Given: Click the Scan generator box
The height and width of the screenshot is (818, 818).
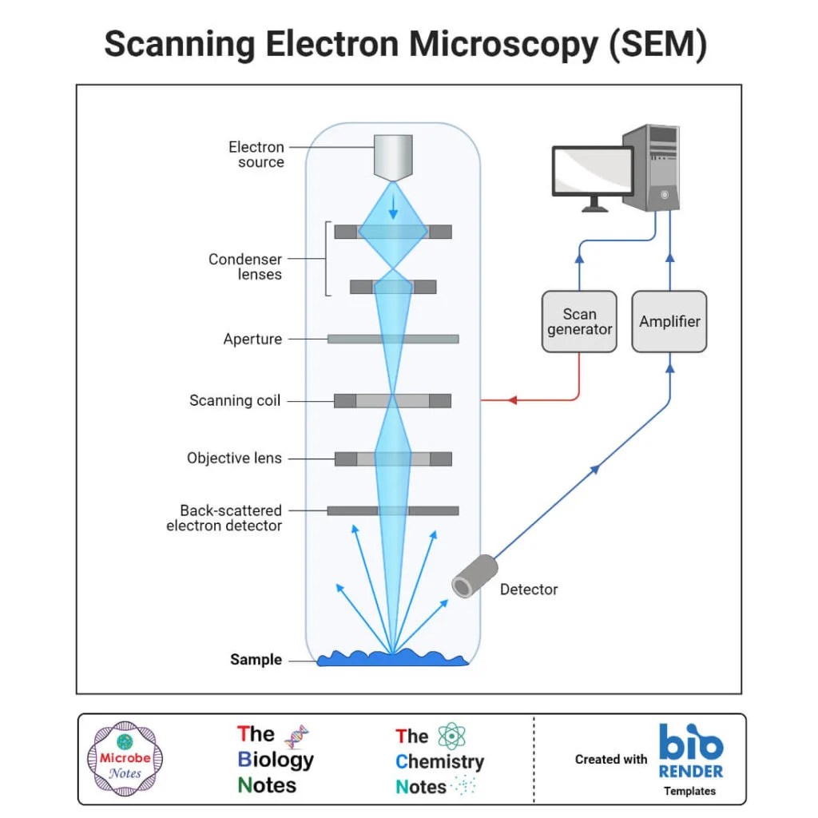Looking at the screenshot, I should coord(579,321).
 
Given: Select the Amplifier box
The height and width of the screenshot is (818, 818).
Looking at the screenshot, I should coord(669,321).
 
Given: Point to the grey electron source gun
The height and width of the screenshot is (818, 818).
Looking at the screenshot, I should coord(392,157).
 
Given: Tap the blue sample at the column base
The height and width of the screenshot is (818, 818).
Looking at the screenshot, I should coord(392,657).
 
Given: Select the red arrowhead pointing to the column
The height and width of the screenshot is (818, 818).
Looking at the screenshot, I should coord(514,399).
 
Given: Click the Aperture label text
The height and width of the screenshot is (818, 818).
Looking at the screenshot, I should coord(252,340).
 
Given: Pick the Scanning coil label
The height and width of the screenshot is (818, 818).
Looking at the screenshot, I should coord(235,400).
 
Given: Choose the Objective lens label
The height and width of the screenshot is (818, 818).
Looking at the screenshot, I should coord(234,459).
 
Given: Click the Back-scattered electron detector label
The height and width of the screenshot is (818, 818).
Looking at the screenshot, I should coord(226,518).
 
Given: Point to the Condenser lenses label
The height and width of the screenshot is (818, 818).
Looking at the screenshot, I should coord(245,267).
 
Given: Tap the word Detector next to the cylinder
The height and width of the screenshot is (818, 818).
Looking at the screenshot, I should coord(529,590).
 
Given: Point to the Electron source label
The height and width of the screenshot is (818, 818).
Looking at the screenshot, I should coord(256,154).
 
